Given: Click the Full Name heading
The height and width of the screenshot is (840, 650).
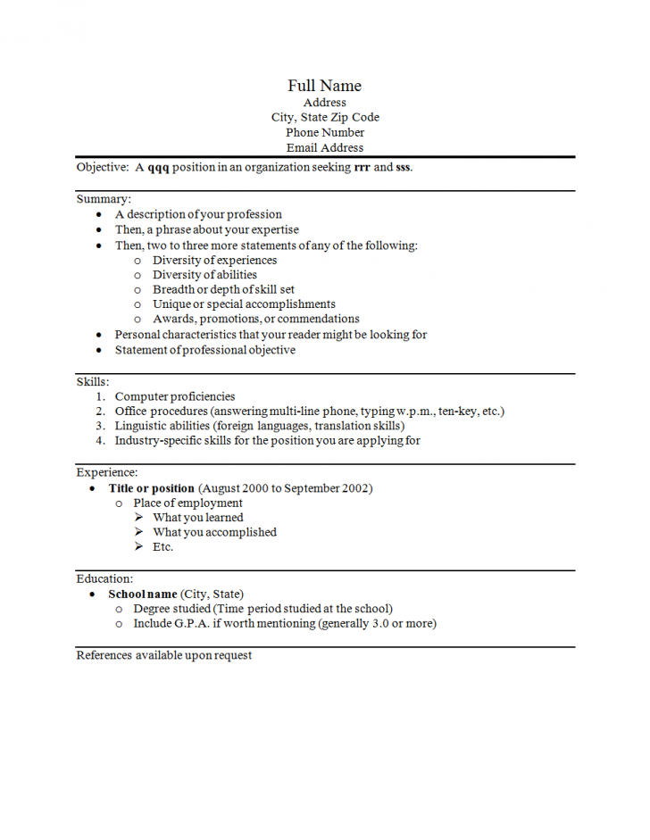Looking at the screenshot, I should [324, 86].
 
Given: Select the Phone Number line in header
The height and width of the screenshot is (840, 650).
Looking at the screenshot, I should [325, 132].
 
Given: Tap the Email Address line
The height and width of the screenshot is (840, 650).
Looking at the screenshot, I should [325, 147].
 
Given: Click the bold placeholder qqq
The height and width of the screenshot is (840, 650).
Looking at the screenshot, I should [158, 167].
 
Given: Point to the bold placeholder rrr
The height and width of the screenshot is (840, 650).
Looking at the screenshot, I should [362, 167].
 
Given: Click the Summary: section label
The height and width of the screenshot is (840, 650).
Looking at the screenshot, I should [104, 199].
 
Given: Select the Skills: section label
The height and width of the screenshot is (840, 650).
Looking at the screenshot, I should [93, 381].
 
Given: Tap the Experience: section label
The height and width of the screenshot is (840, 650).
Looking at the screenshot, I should [107, 472].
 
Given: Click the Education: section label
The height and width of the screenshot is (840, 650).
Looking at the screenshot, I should [104, 578].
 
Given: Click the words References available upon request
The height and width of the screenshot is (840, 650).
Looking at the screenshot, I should [164, 655].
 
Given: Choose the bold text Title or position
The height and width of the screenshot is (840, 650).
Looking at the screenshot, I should [151, 488].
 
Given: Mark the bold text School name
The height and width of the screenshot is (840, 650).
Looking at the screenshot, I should [143, 594].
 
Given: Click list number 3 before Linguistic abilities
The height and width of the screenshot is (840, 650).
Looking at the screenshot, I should [101, 426].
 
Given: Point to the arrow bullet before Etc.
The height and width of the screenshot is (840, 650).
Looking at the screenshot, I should [139, 546].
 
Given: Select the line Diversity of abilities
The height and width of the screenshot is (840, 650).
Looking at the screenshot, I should [204, 275].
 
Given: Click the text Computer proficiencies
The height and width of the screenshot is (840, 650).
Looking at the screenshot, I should [175, 396].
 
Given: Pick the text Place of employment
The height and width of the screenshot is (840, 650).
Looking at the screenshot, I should [187, 503].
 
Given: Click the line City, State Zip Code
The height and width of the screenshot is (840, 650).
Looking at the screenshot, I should [325, 117].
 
